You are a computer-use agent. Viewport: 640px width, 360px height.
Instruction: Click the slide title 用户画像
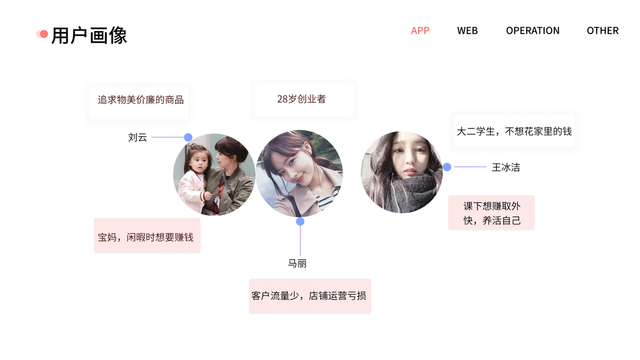(x=89, y=35)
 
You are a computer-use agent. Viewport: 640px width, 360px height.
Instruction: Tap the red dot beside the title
(x=43, y=34)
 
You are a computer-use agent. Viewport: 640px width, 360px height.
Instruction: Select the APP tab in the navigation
(x=420, y=31)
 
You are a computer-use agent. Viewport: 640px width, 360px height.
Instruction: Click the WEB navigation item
(x=467, y=31)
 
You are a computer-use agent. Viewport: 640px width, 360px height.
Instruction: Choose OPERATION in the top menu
(x=533, y=31)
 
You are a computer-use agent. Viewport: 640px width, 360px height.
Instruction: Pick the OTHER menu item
(x=602, y=31)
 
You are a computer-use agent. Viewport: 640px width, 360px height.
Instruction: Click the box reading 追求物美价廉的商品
(x=140, y=100)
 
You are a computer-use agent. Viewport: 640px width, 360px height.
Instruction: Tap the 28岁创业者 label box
(x=302, y=99)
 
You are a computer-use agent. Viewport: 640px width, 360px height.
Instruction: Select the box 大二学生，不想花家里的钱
(x=514, y=131)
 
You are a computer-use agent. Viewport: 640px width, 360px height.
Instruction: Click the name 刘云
(x=137, y=137)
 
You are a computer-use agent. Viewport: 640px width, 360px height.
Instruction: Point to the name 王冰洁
(x=506, y=167)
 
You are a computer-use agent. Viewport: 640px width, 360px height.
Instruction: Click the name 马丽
(x=297, y=263)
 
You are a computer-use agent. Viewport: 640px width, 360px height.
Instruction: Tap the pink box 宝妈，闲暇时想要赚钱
(x=146, y=237)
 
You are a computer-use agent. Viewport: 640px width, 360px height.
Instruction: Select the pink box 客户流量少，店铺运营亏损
(x=310, y=295)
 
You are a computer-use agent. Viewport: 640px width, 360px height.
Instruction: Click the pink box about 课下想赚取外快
(x=491, y=213)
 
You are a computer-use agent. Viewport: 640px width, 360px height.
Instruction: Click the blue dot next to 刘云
(x=188, y=137)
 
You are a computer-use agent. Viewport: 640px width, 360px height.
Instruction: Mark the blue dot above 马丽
(x=300, y=221)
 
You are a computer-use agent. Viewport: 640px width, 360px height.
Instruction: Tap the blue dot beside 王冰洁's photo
(x=447, y=167)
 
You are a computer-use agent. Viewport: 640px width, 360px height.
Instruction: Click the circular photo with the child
(x=214, y=174)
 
